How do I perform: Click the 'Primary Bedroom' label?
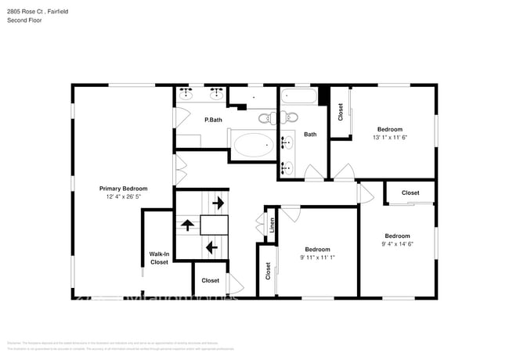tap(123, 189)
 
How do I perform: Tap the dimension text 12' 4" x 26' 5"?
tap(123, 196)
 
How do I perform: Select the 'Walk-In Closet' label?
tap(159, 258)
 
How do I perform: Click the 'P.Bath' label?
tap(213, 120)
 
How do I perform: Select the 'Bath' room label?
tap(310, 134)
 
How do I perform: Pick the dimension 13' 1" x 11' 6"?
tap(389, 137)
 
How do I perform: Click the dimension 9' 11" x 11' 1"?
tap(317, 257)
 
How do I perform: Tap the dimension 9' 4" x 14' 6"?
tap(397, 243)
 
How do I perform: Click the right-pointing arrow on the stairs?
tap(217, 203)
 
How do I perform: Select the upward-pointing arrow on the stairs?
tap(187, 225)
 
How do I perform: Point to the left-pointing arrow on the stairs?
tap(211, 247)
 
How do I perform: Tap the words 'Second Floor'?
tap(24, 20)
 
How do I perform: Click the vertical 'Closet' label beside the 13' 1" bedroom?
tap(341, 113)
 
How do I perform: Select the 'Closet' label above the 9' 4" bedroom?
tap(410, 193)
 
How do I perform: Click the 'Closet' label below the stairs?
tap(210, 280)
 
